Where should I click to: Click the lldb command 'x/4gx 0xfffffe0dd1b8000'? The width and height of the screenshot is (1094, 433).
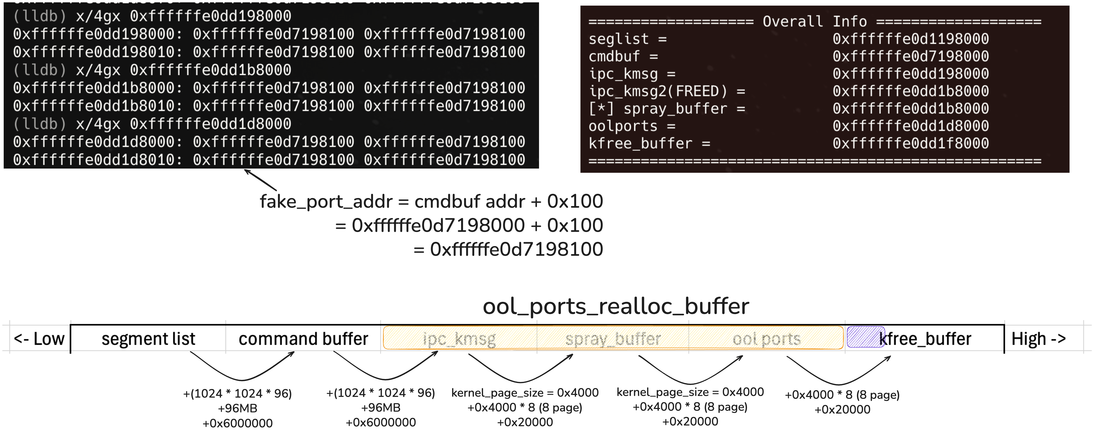coord(183,70)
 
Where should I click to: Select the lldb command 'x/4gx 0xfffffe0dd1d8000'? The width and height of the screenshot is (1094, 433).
coord(183,124)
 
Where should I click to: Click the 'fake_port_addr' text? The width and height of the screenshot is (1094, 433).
coord(326,201)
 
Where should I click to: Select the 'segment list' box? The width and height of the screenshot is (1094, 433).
coord(148,339)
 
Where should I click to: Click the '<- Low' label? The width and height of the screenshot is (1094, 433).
coord(39,339)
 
